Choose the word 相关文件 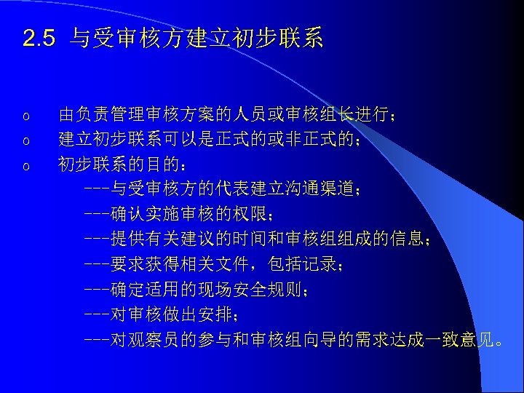coord(215,264)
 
